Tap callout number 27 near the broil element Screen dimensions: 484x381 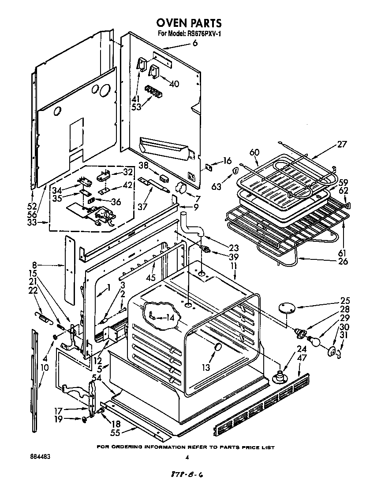[x=342, y=144]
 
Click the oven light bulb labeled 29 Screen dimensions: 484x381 [x=314, y=340]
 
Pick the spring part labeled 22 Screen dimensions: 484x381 [x=42, y=316]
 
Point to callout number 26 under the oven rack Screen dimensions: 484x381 [x=342, y=261]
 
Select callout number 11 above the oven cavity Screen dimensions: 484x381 [x=234, y=267]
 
